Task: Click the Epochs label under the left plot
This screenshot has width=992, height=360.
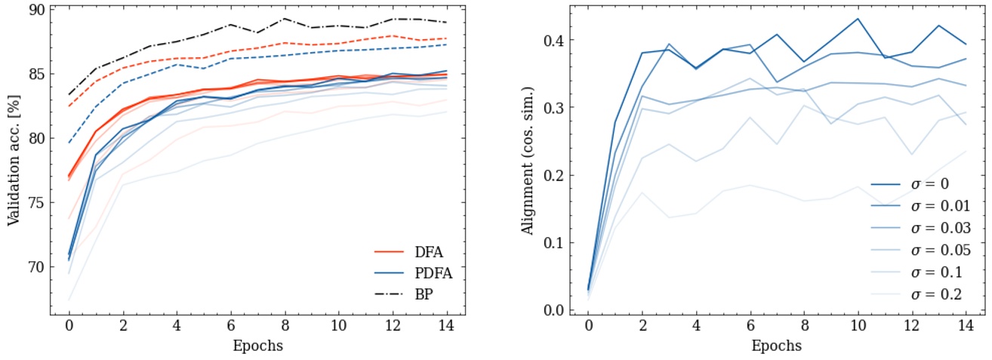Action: (258, 346)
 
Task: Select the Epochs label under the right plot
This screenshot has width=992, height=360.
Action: (777, 346)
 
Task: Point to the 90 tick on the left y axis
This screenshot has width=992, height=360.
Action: (35, 11)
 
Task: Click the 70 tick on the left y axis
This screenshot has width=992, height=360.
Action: (35, 266)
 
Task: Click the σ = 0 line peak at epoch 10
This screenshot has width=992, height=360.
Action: (858, 19)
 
